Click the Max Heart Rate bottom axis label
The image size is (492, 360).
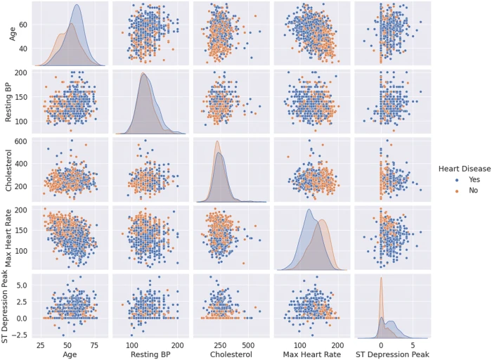309,354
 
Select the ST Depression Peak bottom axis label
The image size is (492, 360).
391,354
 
